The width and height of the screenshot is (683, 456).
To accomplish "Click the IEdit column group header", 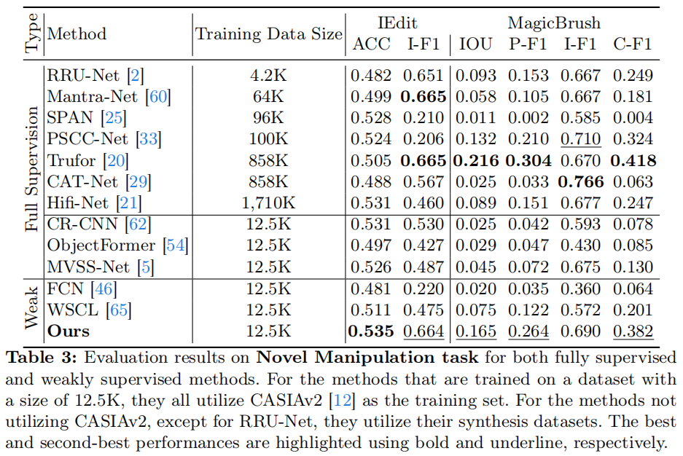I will tap(397, 23).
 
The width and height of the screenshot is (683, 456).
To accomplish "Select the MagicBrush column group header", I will tap(554, 23).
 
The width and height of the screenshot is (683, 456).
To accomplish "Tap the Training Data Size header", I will tap(268, 34).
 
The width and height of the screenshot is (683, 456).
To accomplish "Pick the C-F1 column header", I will tap(633, 44).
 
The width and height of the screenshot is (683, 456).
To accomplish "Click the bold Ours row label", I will tap(69, 331).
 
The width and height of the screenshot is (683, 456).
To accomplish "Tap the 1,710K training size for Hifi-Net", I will tap(268, 203).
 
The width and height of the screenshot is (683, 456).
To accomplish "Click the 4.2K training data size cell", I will tap(268, 75).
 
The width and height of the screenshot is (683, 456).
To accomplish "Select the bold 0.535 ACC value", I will tap(372, 331).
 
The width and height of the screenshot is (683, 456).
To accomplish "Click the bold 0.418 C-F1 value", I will tap(633, 160).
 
